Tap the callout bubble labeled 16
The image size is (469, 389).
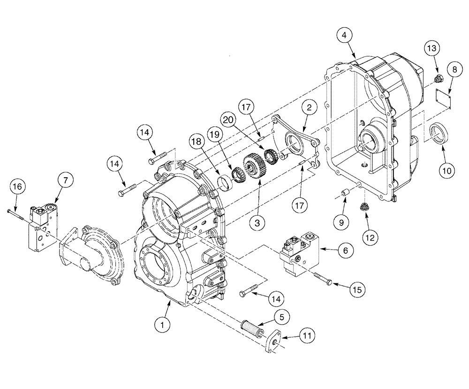pos(17,187)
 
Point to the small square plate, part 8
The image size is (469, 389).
pos(442,100)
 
